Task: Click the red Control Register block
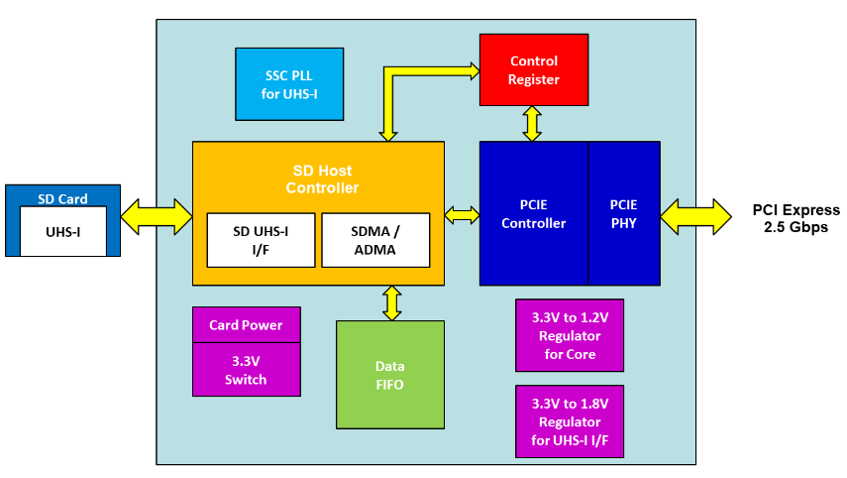click(534, 69)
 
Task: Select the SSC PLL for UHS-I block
click(289, 84)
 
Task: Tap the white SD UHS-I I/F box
click(261, 240)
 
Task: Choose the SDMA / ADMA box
click(375, 240)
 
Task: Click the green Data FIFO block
click(390, 375)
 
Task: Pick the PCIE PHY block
click(624, 213)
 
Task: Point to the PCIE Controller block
click(534, 213)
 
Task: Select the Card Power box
click(247, 325)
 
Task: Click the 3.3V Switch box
click(247, 370)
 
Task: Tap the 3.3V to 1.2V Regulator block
click(570, 335)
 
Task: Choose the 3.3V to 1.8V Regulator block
click(570, 421)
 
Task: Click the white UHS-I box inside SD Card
click(63, 231)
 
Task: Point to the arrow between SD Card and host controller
click(157, 217)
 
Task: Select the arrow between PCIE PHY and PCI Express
click(695, 217)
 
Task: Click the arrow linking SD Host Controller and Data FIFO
click(391, 303)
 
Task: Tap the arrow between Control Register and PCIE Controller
click(532, 124)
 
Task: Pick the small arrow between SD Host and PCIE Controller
click(462, 215)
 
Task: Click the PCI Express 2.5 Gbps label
click(796, 218)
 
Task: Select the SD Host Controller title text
click(323, 179)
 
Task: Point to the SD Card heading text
click(62, 199)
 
